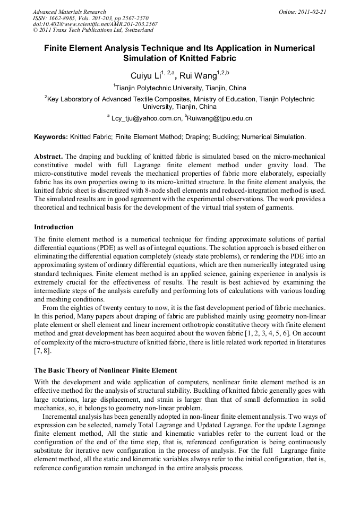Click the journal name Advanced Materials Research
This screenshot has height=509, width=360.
pos(69,12)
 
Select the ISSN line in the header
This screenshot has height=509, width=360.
pos(90,18)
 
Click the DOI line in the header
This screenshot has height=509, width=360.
pos(95,24)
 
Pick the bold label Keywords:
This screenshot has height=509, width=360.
pos(51,137)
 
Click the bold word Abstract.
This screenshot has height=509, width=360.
pos(48,157)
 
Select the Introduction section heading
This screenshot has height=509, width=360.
pos(54,227)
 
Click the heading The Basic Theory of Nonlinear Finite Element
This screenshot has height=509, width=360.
pos(106,370)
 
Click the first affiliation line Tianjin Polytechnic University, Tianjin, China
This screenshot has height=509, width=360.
pos(181,88)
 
